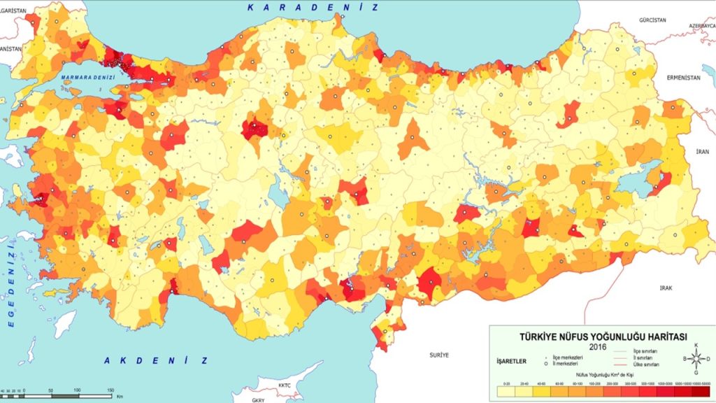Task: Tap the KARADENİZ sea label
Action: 312,7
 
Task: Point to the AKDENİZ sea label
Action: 157,360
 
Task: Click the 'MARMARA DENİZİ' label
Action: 87,77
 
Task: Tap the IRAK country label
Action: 665,288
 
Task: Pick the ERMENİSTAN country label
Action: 682,77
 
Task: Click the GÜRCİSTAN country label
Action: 654,21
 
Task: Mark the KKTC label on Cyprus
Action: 284,386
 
